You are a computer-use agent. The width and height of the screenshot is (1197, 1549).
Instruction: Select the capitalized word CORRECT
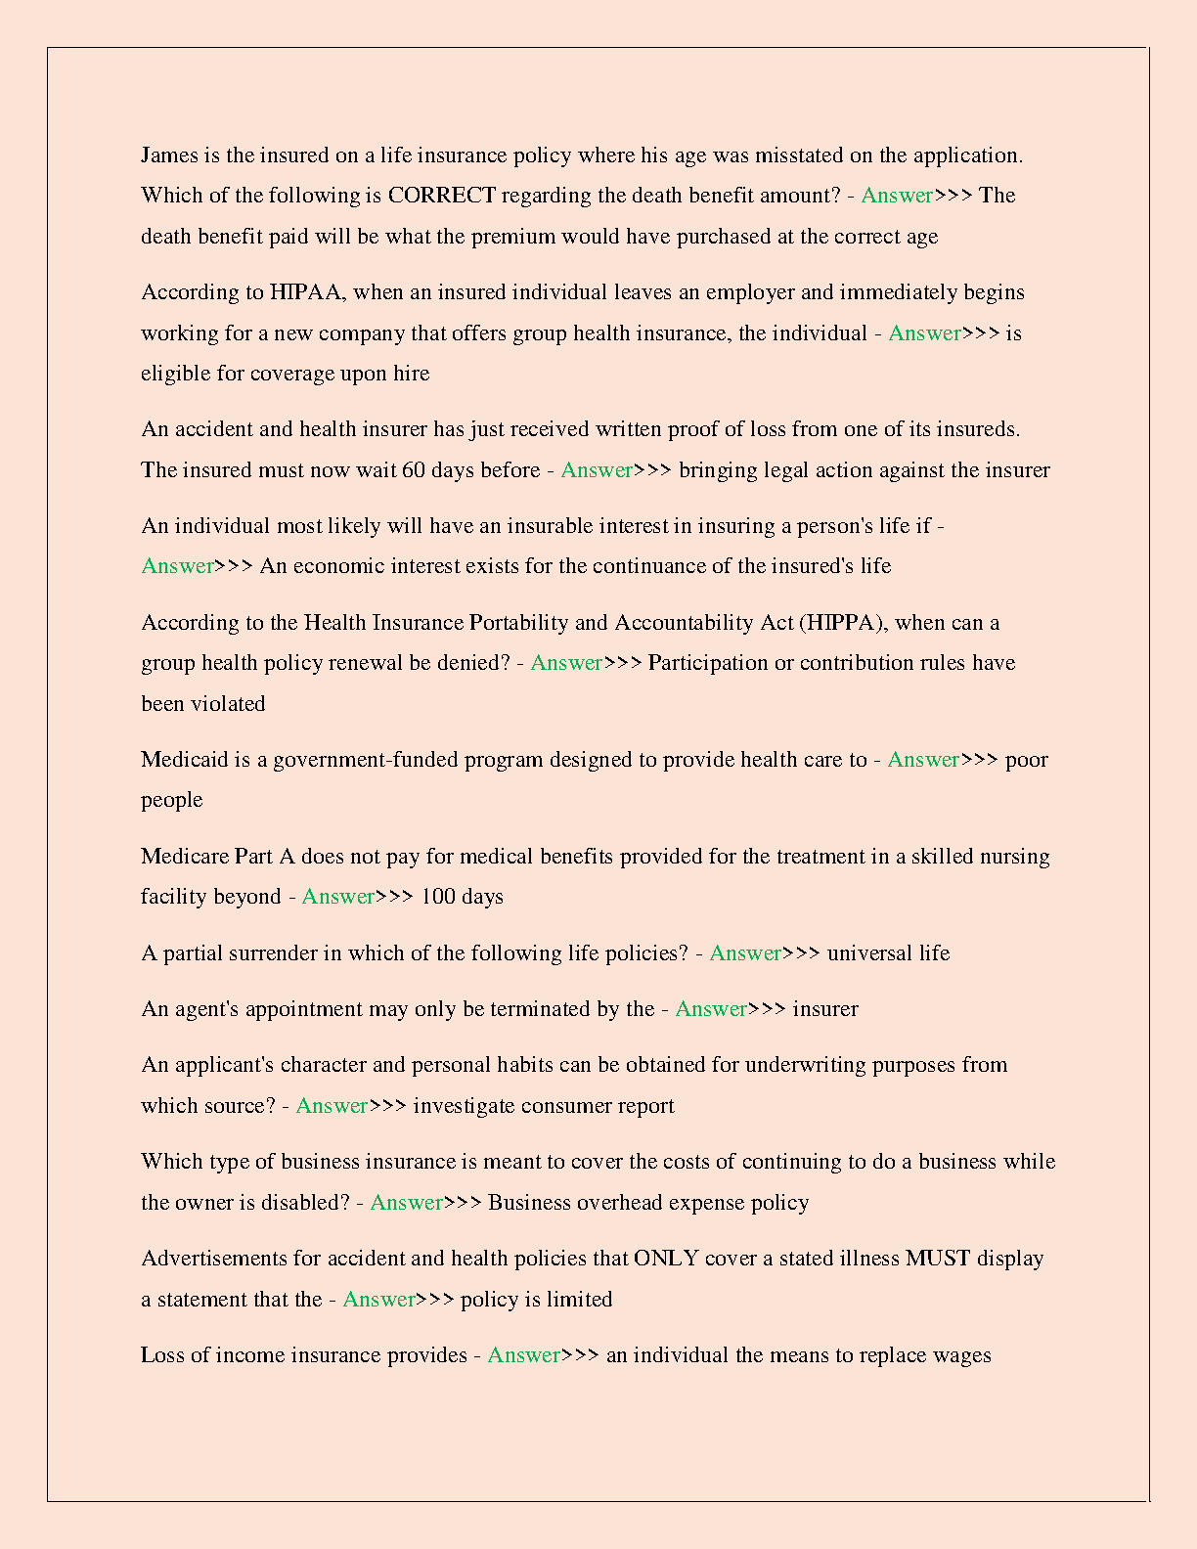point(441,196)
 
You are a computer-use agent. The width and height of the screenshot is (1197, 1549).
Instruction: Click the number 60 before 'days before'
point(414,470)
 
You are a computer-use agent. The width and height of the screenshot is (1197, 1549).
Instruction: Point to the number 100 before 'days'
point(438,897)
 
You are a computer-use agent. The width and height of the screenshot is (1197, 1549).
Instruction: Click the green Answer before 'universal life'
point(745,953)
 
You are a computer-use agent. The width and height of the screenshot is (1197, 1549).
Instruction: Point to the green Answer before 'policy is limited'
point(379,1300)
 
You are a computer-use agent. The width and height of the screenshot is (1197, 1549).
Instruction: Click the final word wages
point(962,1355)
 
